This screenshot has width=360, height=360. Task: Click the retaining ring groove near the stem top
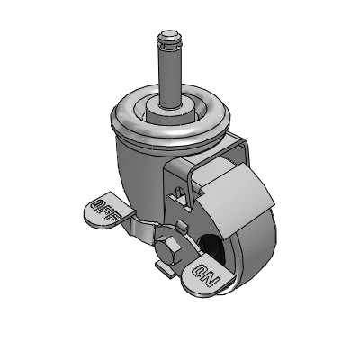[169, 44]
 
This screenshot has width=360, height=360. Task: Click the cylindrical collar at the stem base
[169, 112]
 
